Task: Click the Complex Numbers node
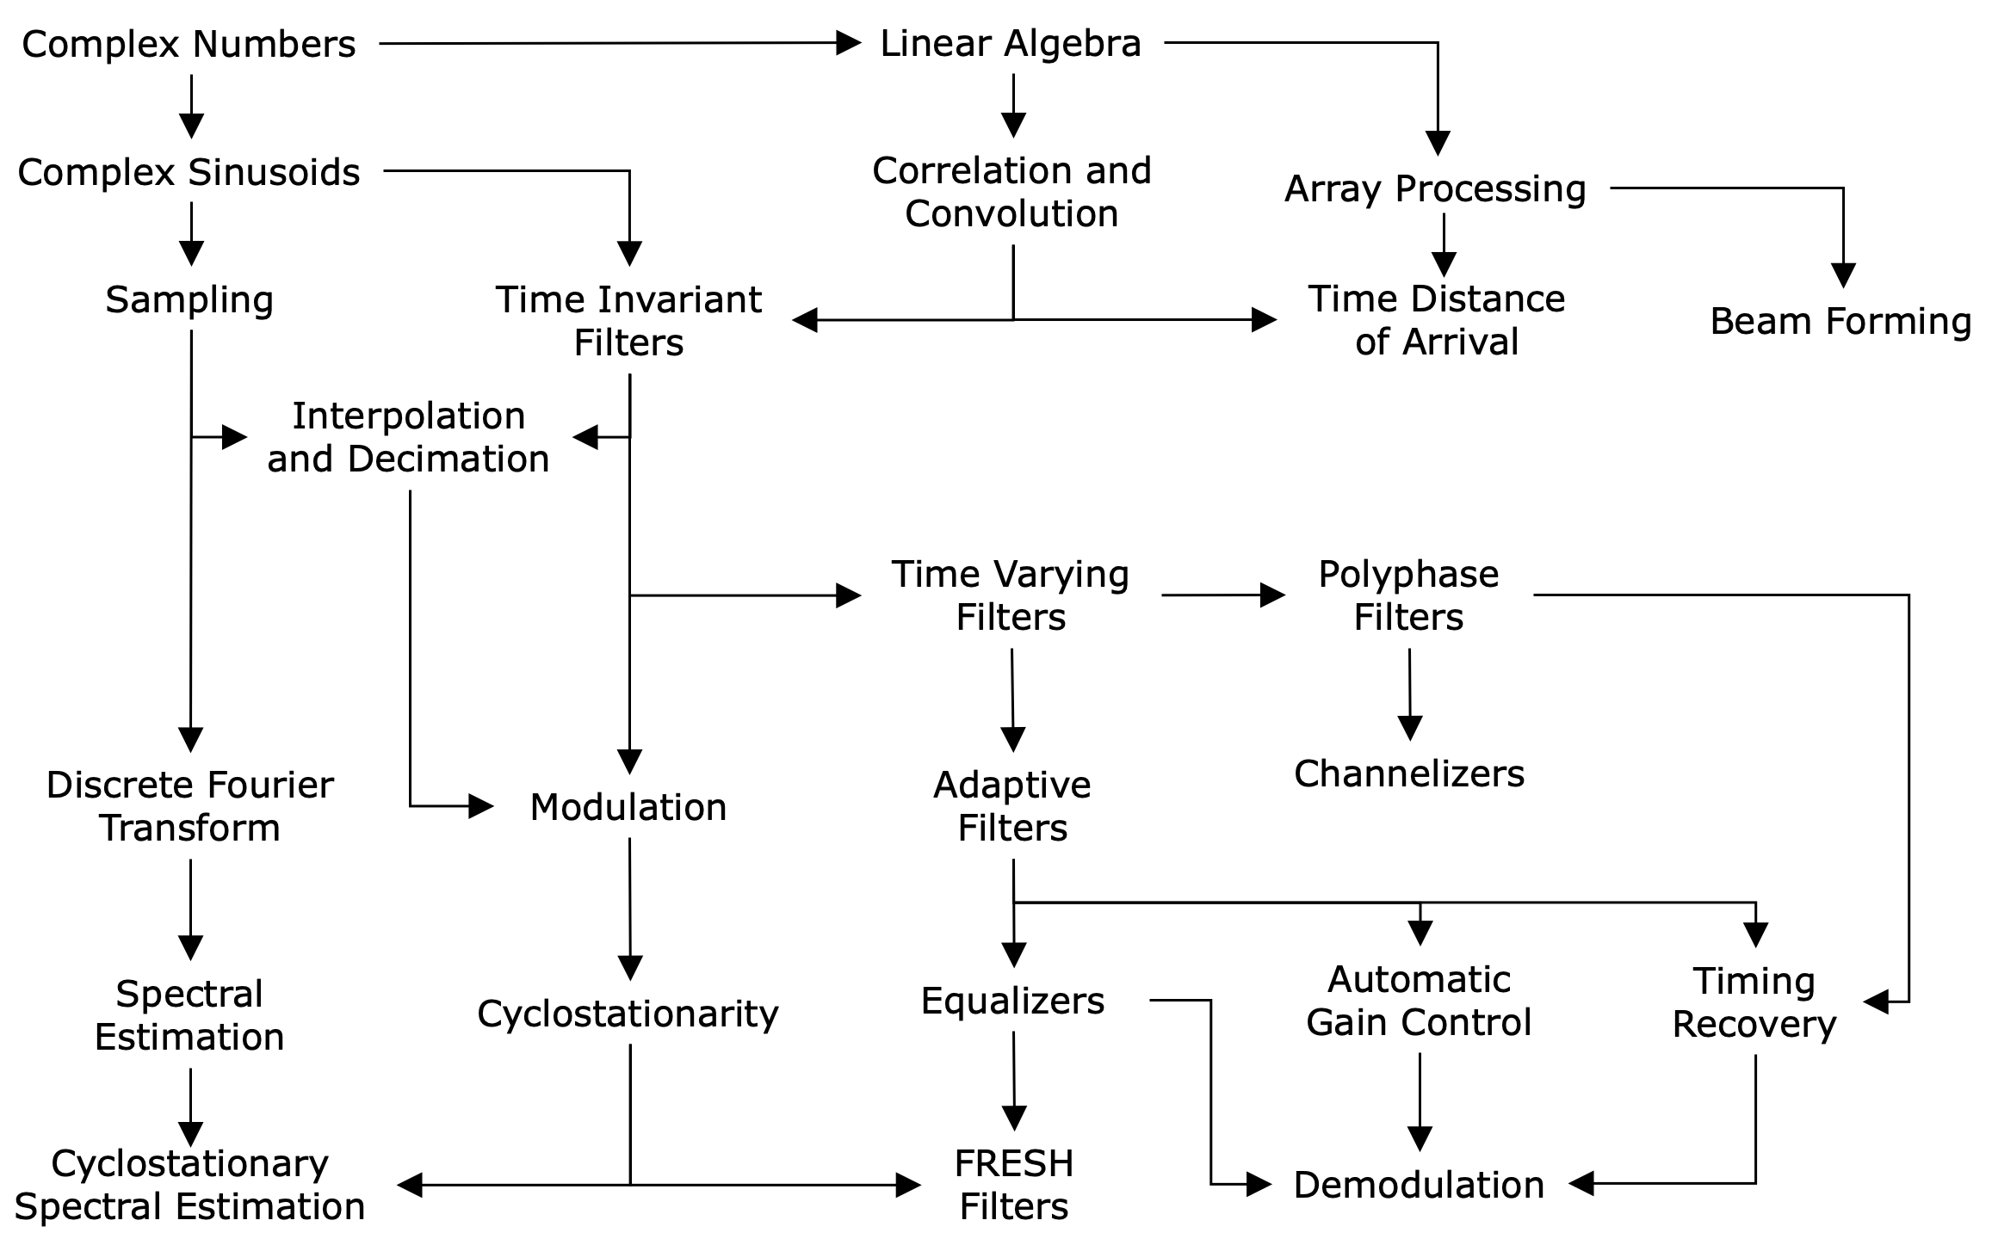tap(189, 44)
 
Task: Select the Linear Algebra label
tap(1011, 43)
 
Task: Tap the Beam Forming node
tap(1840, 321)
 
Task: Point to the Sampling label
tap(189, 299)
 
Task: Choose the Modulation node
tap(628, 807)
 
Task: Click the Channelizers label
tap(1409, 774)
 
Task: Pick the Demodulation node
tap(1419, 1185)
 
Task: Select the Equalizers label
tap(1012, 1001)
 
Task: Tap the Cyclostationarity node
tap(628, 1014)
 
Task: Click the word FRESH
tap(1014, 1163)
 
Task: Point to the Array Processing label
tap(1435, 188)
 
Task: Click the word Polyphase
tap(1408, 574)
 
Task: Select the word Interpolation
tap(409, 416)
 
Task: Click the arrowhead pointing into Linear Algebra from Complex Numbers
tap(849, 43)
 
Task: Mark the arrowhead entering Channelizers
tap(1410, 728)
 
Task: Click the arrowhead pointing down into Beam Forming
tap(1843, 275)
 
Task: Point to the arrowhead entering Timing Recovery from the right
tap(1877, 1002)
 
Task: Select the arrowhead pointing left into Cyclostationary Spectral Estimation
tap(410, 1185)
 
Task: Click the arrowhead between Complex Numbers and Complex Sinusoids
tap(191, 126)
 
